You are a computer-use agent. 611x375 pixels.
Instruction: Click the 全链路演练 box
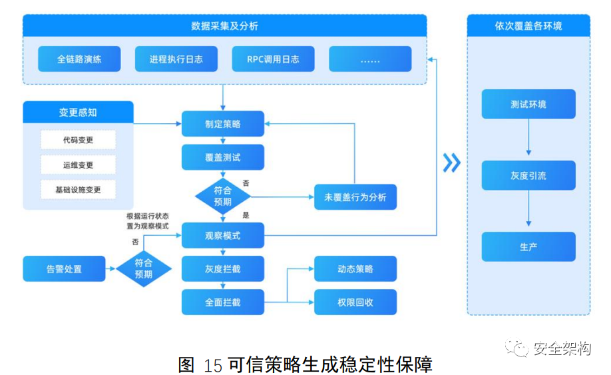[x=79, y=59]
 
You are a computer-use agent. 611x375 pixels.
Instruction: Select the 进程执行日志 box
[x=176, y=59]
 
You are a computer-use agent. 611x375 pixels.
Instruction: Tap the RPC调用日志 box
[x=273, y=59]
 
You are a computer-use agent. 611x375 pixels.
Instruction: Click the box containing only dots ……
[x=370, y=59]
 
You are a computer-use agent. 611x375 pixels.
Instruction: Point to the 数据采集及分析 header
[x=224, y=26]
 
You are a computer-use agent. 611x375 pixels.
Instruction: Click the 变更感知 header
[x=78, y=113]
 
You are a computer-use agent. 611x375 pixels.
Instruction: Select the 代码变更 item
[x=78, y=140]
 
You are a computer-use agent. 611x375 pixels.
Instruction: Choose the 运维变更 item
[x=78, y=165]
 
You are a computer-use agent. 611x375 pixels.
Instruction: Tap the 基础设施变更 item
[x=78, y=190]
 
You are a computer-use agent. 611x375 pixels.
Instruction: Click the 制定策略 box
[x=223, y=124]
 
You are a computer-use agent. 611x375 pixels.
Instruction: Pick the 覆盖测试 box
[x=223, y=158]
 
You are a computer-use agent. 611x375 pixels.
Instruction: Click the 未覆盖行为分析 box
[x=355, y=197]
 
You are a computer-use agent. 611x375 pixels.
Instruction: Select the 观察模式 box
[x=223, y=236]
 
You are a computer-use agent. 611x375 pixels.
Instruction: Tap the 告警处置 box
[x=65, y=268]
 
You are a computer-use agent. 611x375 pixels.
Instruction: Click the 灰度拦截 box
[x=223, y=269]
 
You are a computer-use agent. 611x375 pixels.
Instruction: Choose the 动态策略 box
[x=355, y=268]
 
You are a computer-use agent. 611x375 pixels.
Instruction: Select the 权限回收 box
[x=355, y=302]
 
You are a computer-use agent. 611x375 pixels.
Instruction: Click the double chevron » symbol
[x=452, y=163]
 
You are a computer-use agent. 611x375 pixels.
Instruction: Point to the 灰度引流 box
[x=528, y=176]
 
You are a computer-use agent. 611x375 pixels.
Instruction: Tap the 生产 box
[x=528, y=246]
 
